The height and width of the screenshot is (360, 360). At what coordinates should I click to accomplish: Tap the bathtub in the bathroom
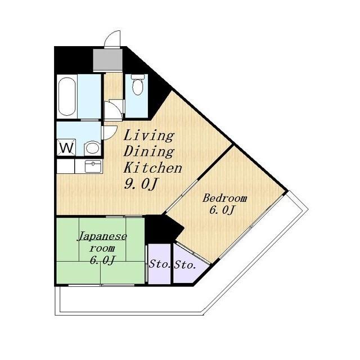pyautogui.click(x=67, y=97)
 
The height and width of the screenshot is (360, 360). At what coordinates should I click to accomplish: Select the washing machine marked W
pyautogui.click(x=67, y=147)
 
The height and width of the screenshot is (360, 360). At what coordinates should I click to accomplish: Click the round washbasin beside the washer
pyautogui.click(x=92, y=148)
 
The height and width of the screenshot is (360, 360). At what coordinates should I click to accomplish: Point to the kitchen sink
pyautogui.click(x=93, y=166)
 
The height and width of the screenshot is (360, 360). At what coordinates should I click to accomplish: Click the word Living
pyautogui.click(x=148, y=136)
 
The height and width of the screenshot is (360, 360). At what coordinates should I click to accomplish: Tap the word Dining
pyautogui.click(x=148, y=151)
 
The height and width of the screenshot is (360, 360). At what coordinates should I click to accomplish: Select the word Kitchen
pyautogui.click(x=152, y=168)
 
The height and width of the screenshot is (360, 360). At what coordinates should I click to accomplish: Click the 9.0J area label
pyautogui.click(x=141, y=184)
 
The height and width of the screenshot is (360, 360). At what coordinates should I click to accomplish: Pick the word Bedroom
pyautogui.click(x=224, y=199)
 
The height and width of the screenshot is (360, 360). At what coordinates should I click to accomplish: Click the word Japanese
pyautogui.click(x=102, y=236)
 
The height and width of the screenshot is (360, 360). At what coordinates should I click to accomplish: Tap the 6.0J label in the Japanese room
pyautogui.click(x=102, y=260)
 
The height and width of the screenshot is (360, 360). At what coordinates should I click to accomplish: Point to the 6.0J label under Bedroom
pyautogui.click(x=222, y=210)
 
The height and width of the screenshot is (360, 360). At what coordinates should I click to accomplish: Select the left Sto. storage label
pyautogui.click(x=159, y=264)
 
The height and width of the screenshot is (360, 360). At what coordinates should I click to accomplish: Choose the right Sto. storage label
pyautogui.click(x=185, y=265)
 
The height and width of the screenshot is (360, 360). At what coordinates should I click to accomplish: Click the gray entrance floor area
pyautogui.click(x=107, y=60)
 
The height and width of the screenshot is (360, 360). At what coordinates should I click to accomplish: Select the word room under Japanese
pyautogui.click(x=102, y=249)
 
